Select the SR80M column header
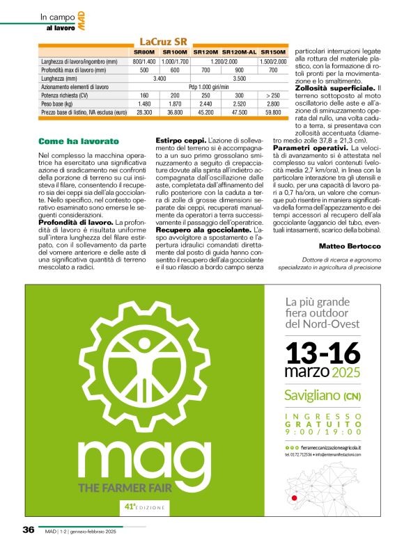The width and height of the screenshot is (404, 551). [x=144, y=52]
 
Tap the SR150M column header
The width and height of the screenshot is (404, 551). [x=273, y=52]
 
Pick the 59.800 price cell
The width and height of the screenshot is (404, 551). [x=273, y=111]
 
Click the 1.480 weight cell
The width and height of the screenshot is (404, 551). [x=144, y=103]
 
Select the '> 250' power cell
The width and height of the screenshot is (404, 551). [x=273, y=95]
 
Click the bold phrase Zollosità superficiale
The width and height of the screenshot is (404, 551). [x=334, y=88]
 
